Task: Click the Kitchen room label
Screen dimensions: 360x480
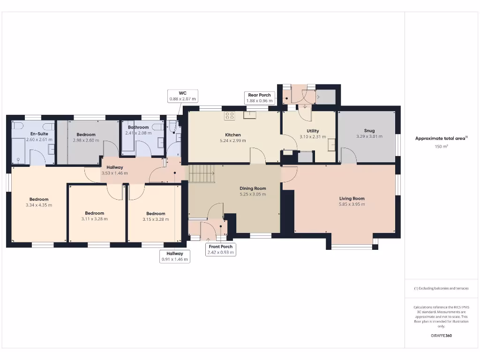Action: tap(232, 135)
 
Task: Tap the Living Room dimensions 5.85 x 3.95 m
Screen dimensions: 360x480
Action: tap(352, 204)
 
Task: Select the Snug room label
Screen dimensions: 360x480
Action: tap(369, 131)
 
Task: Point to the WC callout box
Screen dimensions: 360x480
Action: tap(183, 96)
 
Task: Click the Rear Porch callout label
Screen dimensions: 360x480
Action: tap(259, 98)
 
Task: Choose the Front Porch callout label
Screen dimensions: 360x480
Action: tap(220, 249)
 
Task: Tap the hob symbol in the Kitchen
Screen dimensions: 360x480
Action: tap(230, 115)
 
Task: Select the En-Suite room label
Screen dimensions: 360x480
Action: tap(39, 134)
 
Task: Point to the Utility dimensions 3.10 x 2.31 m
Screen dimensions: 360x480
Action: tap(313, 137)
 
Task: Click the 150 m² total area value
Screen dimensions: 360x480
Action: tap(441, 147)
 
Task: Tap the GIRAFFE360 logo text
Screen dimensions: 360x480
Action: tap(441, 336)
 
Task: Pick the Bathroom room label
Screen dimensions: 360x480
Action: tap(138, 127)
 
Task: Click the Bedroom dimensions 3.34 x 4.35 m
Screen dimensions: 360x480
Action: tap(39, 205)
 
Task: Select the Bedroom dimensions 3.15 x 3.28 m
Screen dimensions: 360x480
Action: tap(156, 219)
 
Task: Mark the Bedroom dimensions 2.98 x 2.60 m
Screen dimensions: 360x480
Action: tap(86, 141)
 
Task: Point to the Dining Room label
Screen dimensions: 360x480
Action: tap(253, 188)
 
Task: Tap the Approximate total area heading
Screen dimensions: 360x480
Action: tap(441, 138)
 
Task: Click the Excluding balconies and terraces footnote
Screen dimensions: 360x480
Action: tap(441, 288)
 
